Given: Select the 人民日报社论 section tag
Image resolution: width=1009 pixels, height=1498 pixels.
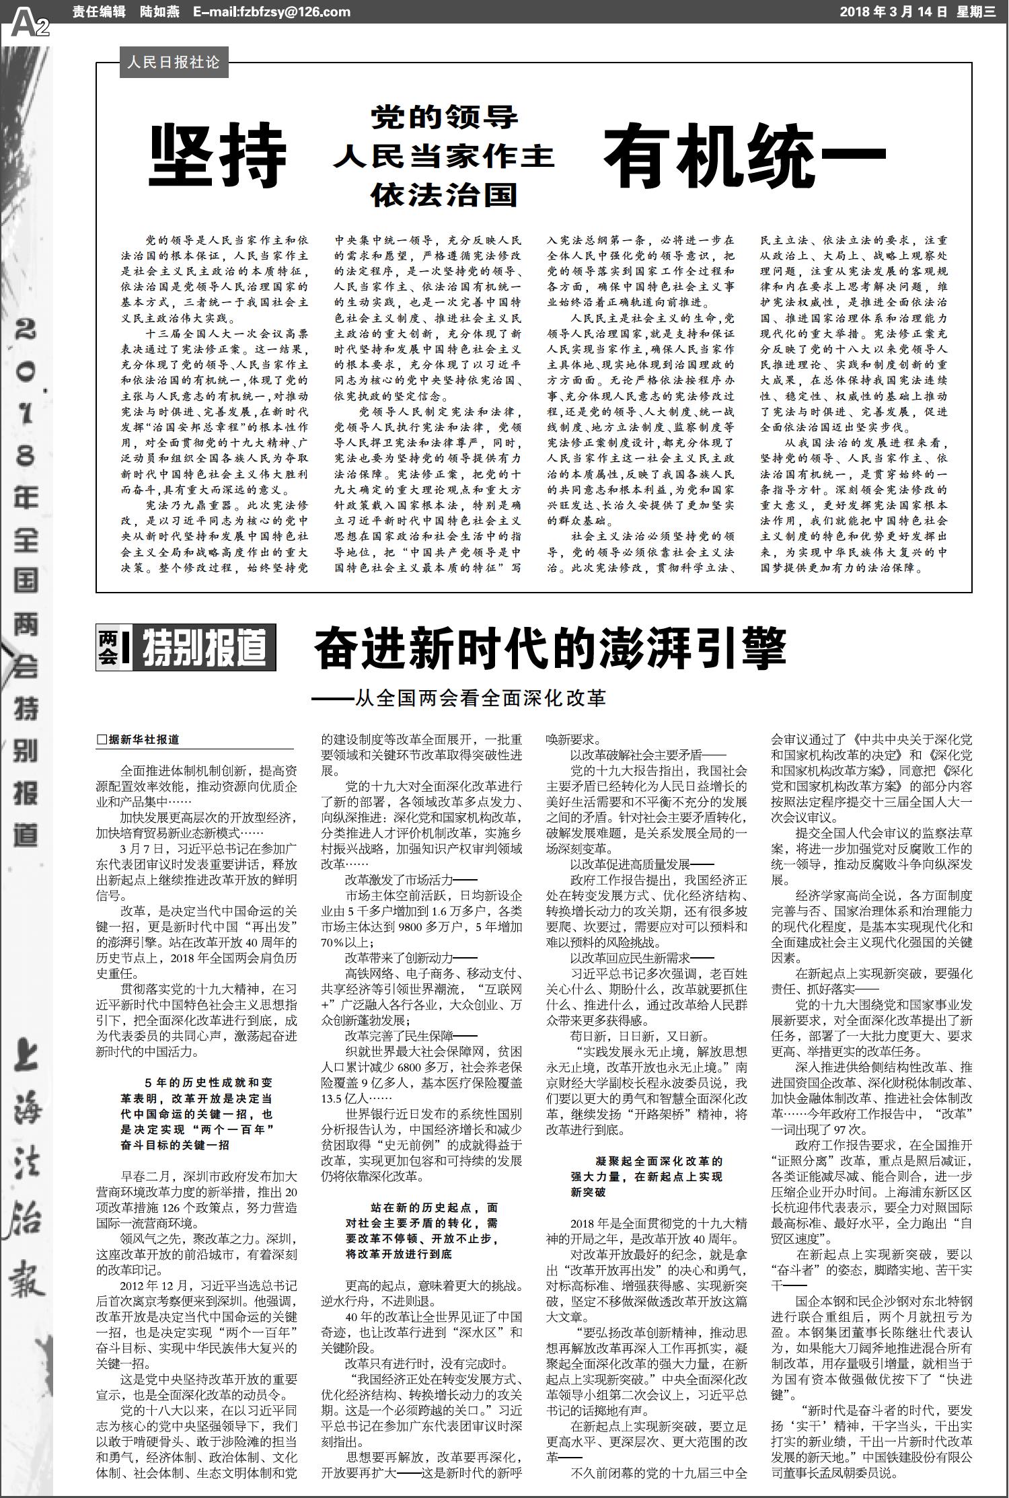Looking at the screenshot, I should point(173,63).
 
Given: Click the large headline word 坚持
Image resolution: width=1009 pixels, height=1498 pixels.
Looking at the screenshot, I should point(217,157).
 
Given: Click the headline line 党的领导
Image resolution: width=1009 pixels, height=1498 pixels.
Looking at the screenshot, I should point(445,118).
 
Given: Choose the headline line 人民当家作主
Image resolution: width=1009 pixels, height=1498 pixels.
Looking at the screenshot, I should point(445,157).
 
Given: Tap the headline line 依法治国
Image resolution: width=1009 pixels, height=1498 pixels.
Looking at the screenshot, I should point(445,195).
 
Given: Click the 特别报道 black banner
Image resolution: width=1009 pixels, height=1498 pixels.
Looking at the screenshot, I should point(204,648).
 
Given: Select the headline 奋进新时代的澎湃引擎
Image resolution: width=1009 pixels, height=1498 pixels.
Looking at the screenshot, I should point(550,647).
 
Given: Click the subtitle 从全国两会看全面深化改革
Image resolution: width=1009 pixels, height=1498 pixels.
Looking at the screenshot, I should point(459,697).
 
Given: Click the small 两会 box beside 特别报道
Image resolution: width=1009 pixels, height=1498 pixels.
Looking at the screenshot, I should point(108,648).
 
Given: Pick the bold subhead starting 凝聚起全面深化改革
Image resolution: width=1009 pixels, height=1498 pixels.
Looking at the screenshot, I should point(646,1176).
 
